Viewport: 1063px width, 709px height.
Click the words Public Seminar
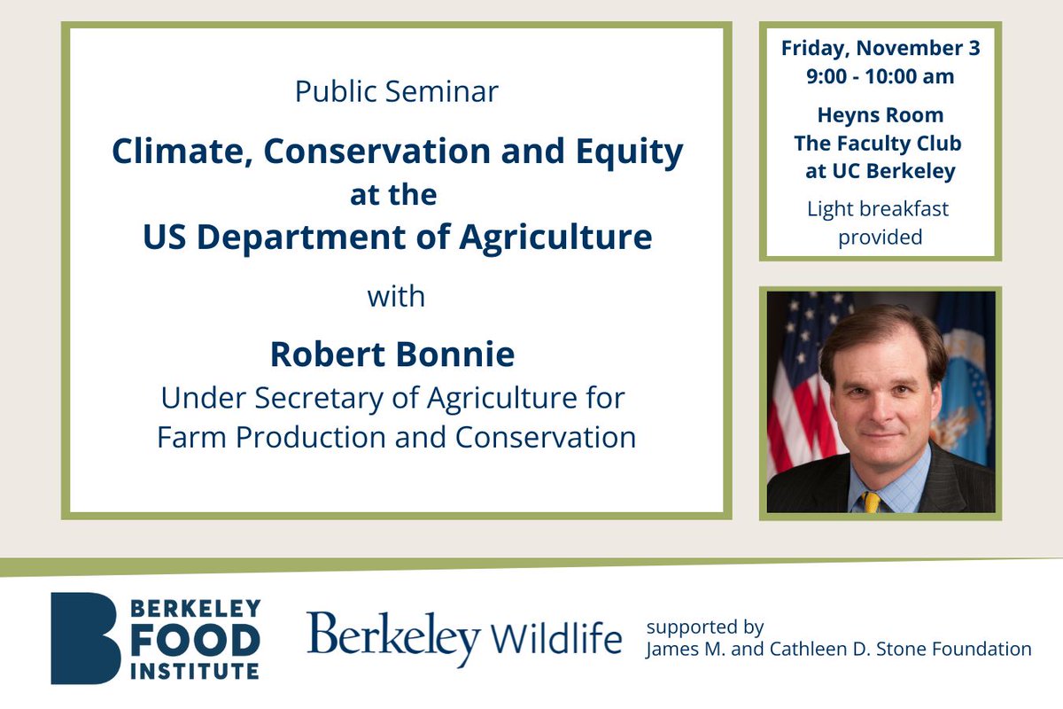[396, 91]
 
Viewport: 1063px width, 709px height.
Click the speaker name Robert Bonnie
[392, 354]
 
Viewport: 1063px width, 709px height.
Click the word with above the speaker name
[396, 296]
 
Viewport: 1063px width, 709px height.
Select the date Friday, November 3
[880, 48]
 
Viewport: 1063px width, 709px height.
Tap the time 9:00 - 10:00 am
[880, 76]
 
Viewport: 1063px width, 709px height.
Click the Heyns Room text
[880, 115]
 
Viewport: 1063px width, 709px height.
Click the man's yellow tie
[872, 502]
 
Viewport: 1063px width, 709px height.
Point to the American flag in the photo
[797, 390]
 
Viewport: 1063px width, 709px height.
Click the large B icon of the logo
[84, 638]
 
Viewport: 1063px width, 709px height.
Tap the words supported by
[705, 627]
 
